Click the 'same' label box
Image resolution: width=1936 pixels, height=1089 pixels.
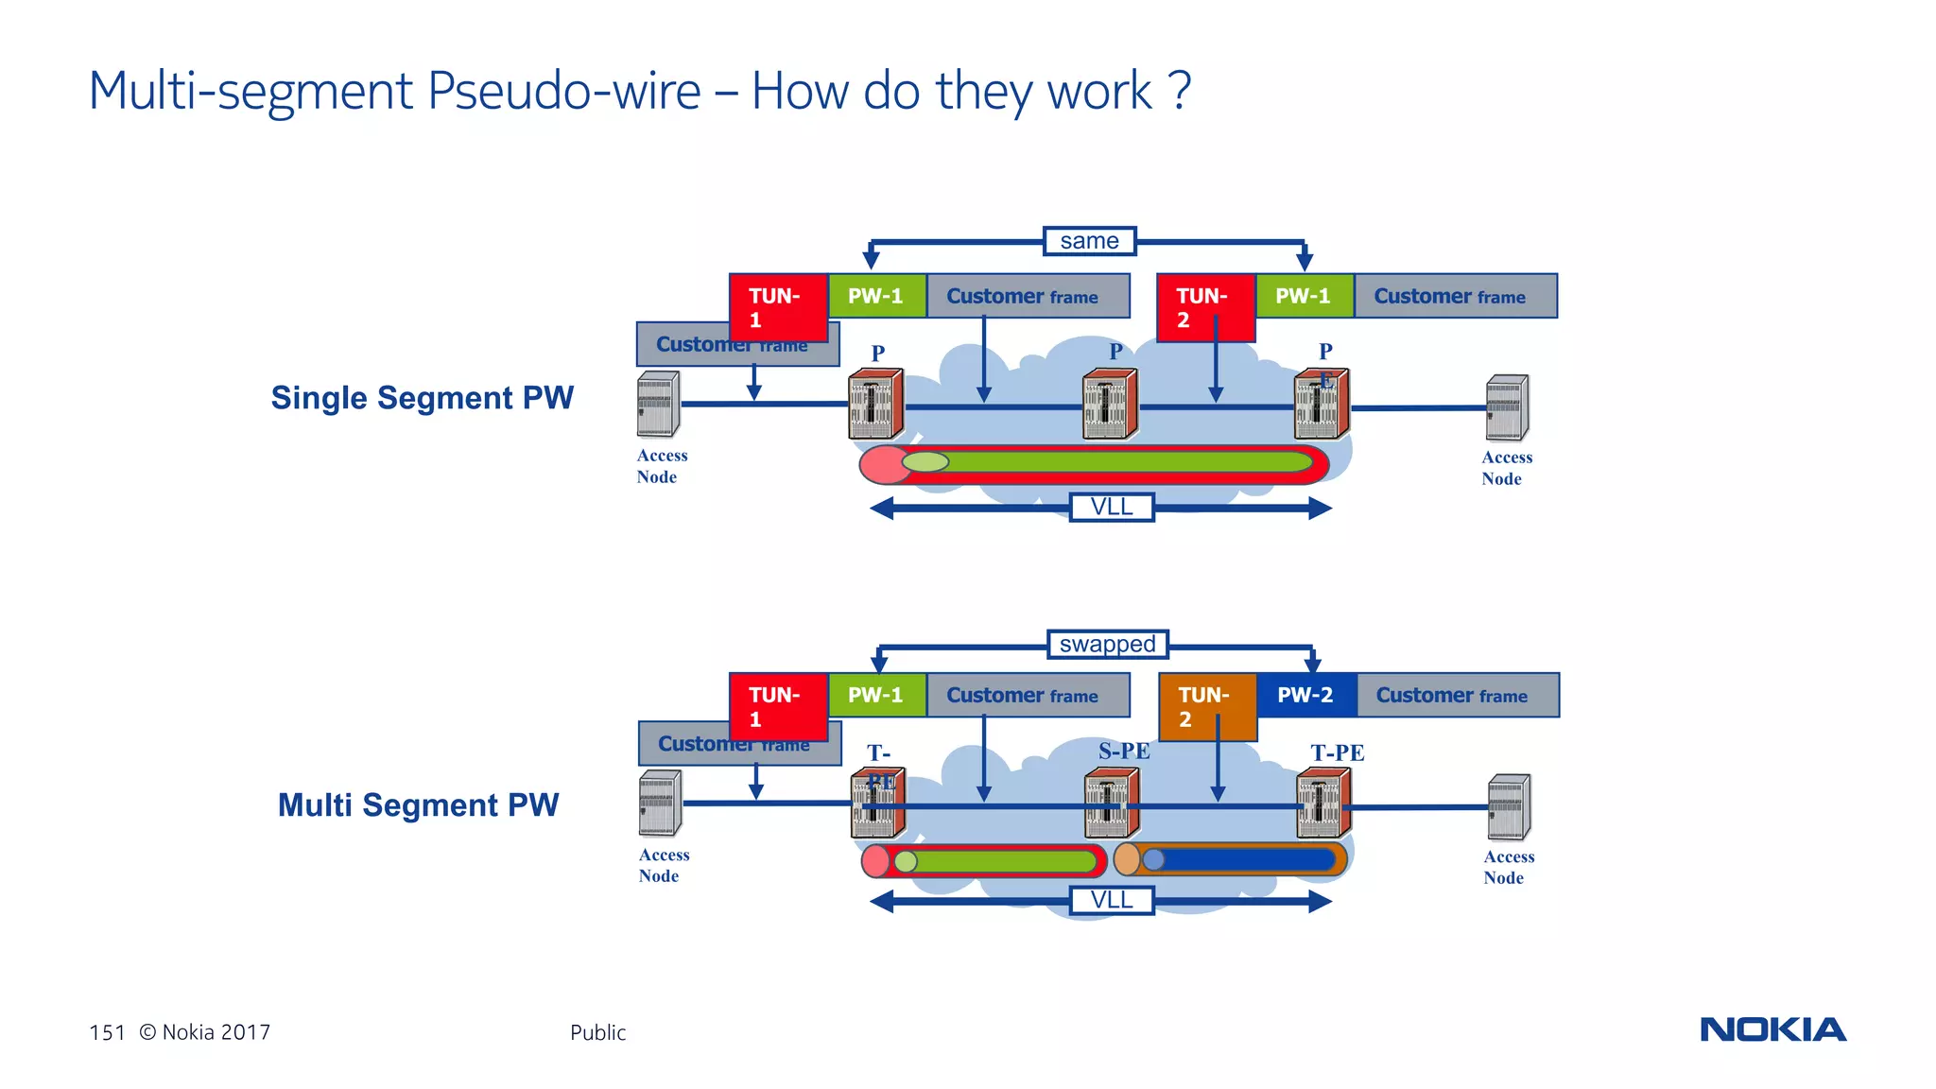coord(1089,241)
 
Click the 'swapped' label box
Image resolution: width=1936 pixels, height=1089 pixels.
coord(1107,644)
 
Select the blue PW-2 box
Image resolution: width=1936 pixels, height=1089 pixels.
coord(1305,695)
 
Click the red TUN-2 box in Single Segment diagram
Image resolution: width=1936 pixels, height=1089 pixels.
coord(1205,307)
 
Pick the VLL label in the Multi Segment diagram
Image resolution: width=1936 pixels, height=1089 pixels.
coord(1112,900)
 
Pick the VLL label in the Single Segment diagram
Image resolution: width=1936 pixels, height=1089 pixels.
coord(1112,507)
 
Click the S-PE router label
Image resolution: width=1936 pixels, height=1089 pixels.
coord(1124,752)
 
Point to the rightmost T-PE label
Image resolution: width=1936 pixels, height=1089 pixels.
coord(1337,752)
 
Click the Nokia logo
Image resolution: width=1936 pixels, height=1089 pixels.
coord(1772,1029)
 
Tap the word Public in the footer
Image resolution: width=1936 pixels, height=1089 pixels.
coord(597,1032)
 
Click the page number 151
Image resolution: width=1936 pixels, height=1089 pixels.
coord(107,1032)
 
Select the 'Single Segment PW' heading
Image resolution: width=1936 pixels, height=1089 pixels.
coord(423,398)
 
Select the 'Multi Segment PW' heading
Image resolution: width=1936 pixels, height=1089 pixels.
coord(418,804)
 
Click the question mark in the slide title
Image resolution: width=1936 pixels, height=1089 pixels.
coord(1179,92)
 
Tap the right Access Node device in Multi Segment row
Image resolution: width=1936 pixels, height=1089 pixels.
coord(1509,806)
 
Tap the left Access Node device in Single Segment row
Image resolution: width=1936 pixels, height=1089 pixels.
coord(658,404)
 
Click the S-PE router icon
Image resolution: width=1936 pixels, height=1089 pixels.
coord(1111,804)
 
